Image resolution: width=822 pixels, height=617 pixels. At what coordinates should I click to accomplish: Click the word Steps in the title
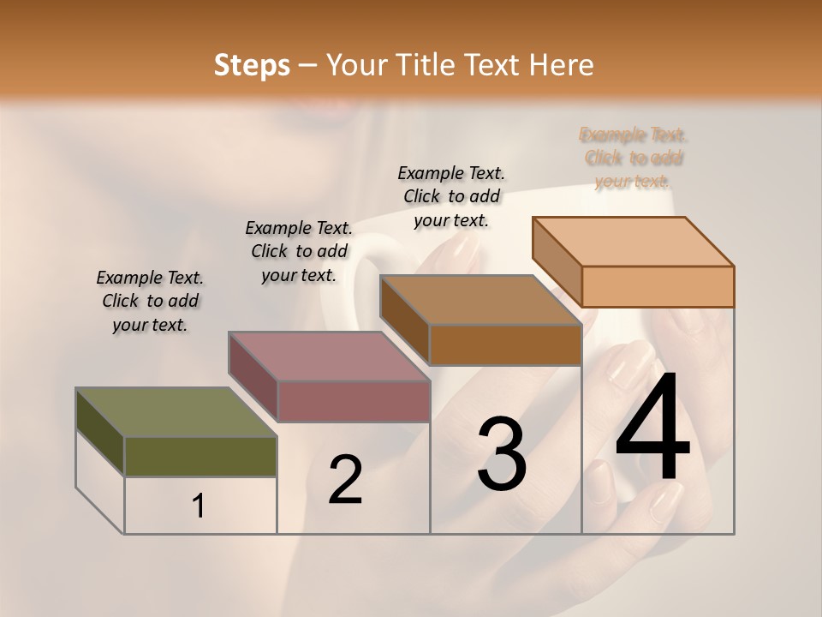coord(251,65)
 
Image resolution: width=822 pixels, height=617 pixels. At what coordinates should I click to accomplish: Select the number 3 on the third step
coord(501,453)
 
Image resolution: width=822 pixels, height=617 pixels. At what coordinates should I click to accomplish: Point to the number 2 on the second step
coord(345,480)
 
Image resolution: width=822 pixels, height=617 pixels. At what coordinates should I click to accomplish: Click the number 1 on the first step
coord(198,506)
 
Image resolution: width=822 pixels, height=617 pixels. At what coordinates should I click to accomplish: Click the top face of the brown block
coord(480,301)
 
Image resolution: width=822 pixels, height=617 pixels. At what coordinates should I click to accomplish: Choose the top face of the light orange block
coord(633,242)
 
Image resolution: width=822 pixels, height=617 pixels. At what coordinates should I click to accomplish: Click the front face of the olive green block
coord(200,456)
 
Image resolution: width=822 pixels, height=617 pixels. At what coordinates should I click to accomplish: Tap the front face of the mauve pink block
coord(354,401)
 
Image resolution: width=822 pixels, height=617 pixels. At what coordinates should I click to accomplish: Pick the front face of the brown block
coord(505,345)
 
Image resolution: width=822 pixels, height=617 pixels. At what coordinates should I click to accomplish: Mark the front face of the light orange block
coord(658,286)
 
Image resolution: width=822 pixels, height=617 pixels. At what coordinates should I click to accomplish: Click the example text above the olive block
coord(150,301)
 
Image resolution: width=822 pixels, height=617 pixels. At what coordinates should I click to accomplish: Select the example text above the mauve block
coord(299,251)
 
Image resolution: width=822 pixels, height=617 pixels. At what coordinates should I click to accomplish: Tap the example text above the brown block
coord(451,196)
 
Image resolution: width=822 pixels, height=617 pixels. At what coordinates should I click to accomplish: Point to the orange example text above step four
coord(634,158)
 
